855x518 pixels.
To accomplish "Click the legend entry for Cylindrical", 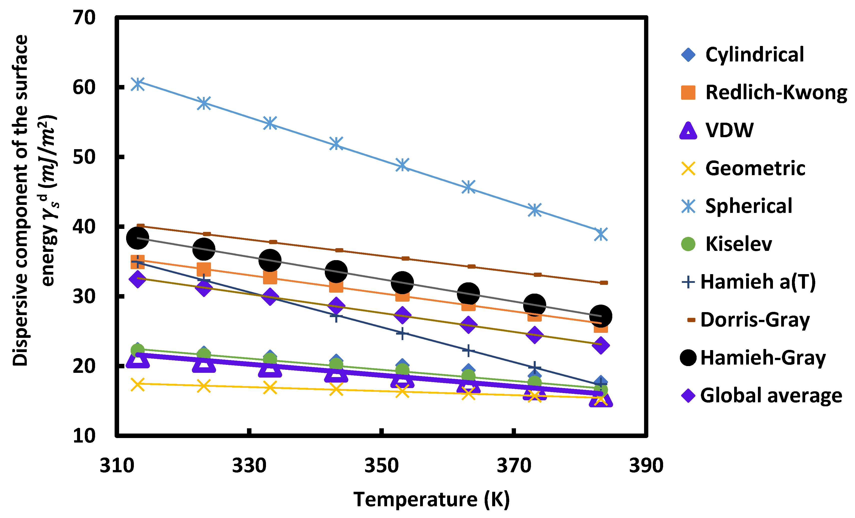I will coord(754,54).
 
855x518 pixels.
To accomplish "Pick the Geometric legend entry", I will coord(755,168).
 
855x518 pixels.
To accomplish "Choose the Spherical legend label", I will coord(749,206).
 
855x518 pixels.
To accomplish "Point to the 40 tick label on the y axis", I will coord(84,227).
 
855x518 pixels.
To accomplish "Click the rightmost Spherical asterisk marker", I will coord(601,234).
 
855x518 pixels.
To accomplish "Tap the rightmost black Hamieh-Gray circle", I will coord(601,316).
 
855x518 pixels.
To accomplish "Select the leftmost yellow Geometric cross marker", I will coord(138,385).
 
